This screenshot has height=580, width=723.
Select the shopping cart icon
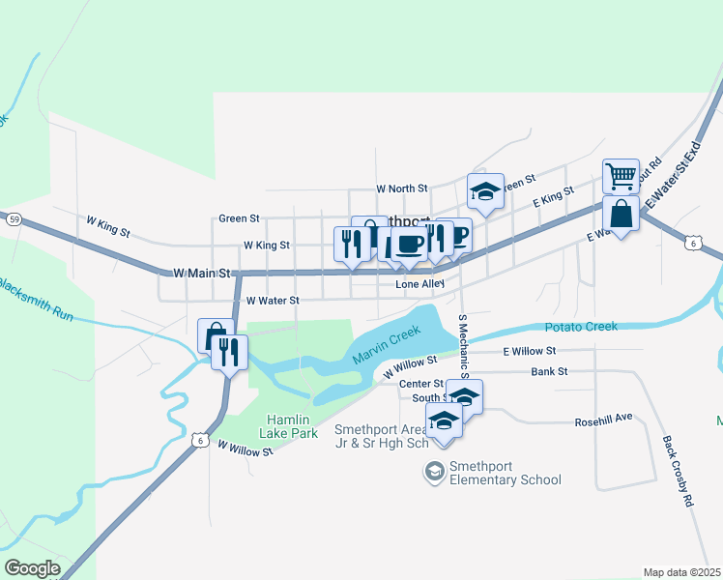[x=621, y=176]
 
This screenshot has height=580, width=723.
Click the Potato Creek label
[x=580, y=327]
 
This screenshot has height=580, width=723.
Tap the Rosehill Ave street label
[x=602, y=418]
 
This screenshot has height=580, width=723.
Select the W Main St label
[x=202, y=275]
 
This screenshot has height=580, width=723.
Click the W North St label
[x=401, y=188]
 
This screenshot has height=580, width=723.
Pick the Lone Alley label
[x=419, y=284]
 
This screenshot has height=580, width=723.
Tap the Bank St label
[x=549, y=371]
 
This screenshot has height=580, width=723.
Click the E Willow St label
[x=530, y=351]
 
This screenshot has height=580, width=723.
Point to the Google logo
[x=32, y=568]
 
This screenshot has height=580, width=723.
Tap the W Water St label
[x=273, y=301]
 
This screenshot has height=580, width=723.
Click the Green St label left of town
[x=239, y=218]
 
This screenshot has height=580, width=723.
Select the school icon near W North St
[x=485, y=191]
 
